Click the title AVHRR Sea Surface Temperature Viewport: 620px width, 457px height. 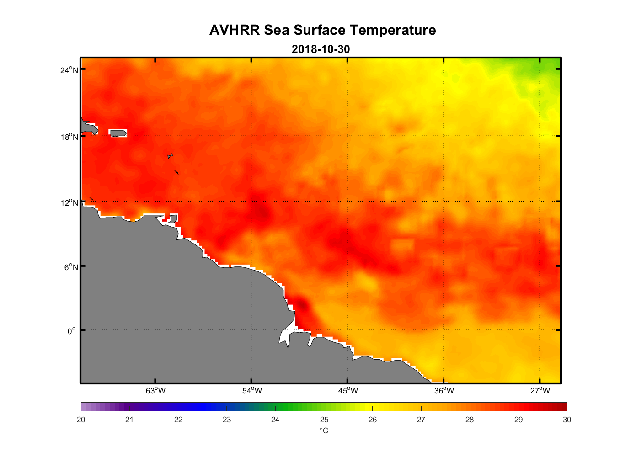coord(322,30)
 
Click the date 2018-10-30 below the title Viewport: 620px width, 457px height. coord(321,49)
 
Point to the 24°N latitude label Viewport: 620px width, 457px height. coord(69,70)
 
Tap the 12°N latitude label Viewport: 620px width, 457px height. coord(69,202)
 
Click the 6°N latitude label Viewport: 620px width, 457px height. coord(71,267)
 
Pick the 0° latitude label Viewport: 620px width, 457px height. coord(72,331)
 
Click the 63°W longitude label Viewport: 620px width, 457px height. coord(155,391)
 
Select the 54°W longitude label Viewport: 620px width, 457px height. coord(252,391)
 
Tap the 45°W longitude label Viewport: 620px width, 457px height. coord(348,391)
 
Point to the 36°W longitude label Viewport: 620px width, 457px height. coord(444,391)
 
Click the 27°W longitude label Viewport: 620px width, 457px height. coord(540,391)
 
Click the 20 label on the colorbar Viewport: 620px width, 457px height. coord(81,420)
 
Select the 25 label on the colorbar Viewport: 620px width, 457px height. coord(324,420)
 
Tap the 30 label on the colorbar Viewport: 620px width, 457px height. coord(567,420)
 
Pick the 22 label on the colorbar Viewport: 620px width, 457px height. coord(178,420)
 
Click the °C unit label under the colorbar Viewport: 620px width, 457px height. coord(324,431)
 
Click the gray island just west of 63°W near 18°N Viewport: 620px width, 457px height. coord(118,133)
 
